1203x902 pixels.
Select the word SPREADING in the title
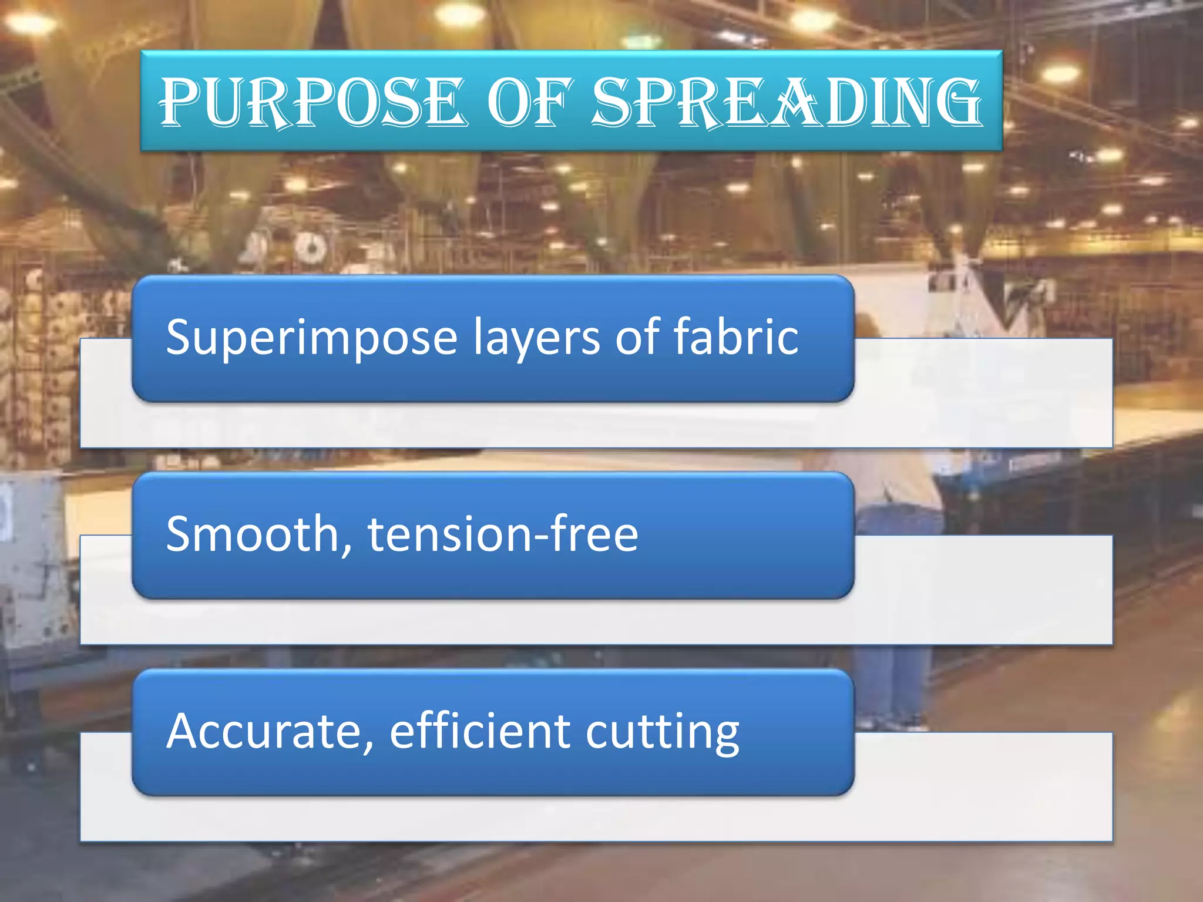(786, 102)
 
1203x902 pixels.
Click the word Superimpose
(311, 338)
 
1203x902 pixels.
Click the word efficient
(479, 731)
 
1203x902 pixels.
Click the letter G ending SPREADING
(956, 102)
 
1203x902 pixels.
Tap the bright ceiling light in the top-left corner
(29, 23)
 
